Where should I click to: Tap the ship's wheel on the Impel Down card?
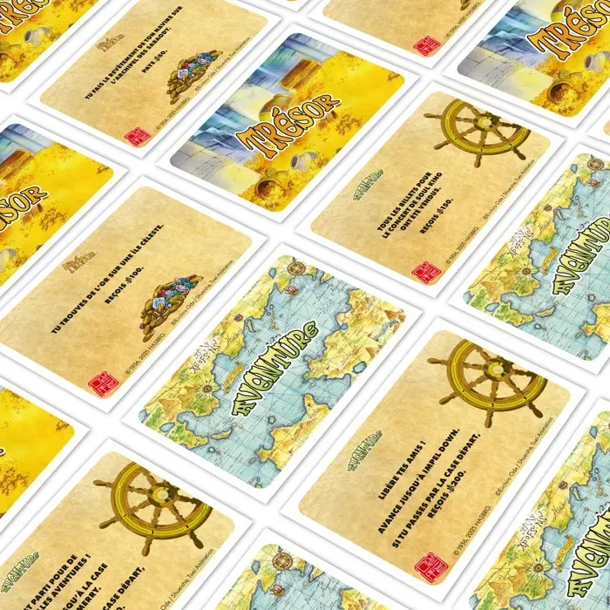[488, 381]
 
